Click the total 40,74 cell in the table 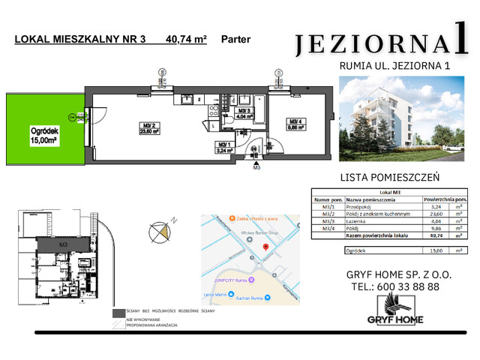[x=430, y=235]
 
